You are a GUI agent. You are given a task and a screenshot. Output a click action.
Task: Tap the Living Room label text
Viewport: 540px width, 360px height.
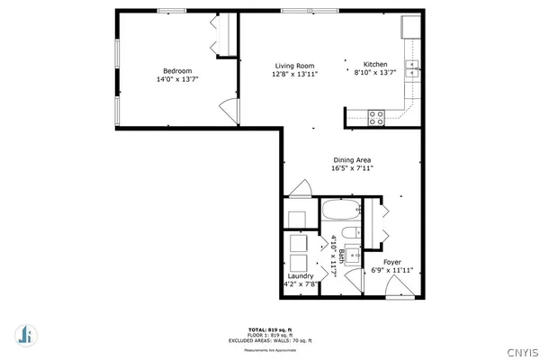click(294, 65)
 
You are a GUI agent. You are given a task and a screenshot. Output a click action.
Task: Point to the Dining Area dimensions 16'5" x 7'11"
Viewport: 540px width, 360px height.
click(352, 167)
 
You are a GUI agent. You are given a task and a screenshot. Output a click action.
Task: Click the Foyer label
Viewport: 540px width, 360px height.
click(392, 262)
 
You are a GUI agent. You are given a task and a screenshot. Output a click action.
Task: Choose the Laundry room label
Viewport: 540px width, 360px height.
click(301, 276)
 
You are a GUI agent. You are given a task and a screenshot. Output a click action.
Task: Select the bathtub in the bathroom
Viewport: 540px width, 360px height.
click(342, 213)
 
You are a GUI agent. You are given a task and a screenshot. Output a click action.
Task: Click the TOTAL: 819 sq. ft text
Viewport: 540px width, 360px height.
click(270, 330)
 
